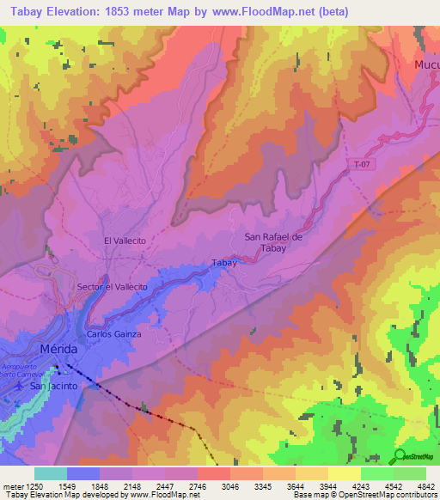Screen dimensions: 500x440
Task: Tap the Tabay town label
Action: [223, 264]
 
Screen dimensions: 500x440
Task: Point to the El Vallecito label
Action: [125, 242]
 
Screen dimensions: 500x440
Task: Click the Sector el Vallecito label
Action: [113, 286]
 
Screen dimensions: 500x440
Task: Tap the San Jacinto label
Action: [54, 387]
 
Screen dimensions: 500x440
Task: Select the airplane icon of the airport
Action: [20, 387]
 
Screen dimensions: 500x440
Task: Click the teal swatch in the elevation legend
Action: [51, 473]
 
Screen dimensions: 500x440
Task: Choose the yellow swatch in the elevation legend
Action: [345, 473]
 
